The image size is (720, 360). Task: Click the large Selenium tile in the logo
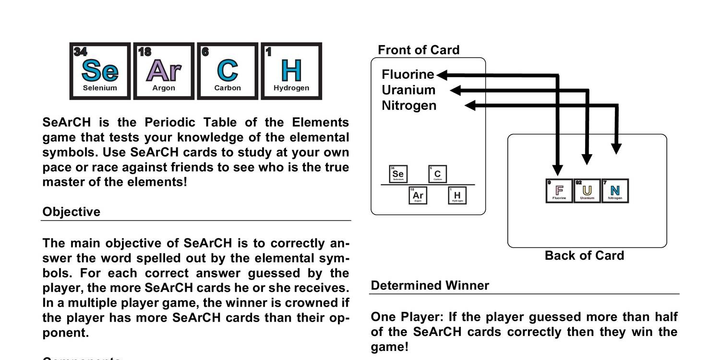coord(100,71)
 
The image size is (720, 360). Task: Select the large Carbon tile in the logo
coord(228,71)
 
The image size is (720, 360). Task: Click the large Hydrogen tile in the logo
coord(291,71)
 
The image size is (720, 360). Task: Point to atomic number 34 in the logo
coord(80,51)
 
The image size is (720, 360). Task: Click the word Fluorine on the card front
coord(408,74)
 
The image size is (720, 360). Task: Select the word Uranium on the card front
coord(408,90)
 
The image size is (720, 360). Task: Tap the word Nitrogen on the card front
coord(409,105)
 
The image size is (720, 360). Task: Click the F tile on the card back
coord(559,191)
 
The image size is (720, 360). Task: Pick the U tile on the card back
coord(587,191)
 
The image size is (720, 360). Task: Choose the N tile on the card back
coord(615,191)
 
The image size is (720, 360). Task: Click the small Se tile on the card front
coord(398,174)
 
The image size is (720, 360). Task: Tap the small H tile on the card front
coord(457,195)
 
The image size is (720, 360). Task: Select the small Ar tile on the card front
coord(418,195)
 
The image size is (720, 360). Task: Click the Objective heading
coord(72,212)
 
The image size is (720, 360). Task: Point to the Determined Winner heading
coord(430,286)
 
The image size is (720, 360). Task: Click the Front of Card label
coord(419,50)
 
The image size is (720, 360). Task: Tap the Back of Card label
coord(584,255)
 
